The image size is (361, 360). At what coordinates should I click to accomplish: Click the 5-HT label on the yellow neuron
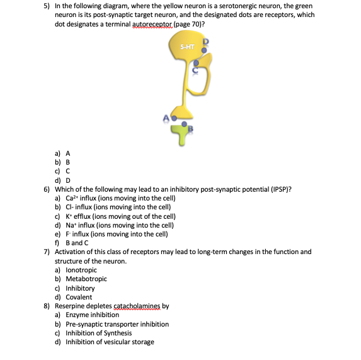click(186, 47)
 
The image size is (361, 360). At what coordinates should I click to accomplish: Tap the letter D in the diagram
click(204, 42)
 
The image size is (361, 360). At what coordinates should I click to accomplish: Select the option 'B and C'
click(77, 242)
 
